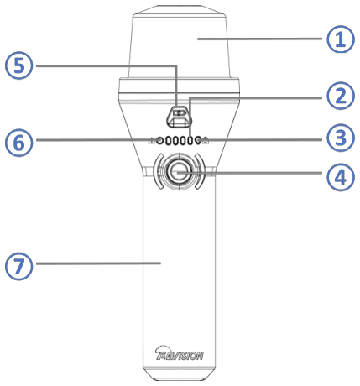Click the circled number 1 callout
click(x=341, y=39)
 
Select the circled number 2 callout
click(x=341, y=96)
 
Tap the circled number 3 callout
click(x=341, y=138)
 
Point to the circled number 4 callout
click(x=341, y=177)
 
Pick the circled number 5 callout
click(x=19, y=65)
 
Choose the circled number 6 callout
click(x=19, y=143)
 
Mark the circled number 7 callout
click(x=19, y=266)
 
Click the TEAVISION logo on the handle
click(x=179, y=353)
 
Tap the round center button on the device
click(x=179, y=171)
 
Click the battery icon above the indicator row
click(x=180, y=112)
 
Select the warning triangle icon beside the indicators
click(x=152, y=140)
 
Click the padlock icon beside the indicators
click(x=206, y=140)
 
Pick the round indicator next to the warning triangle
click(x=159, y=140)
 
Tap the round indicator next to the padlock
click(x=198, y=140)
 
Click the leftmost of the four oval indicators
click(x=168, y=140)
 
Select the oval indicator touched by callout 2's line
click(x=190, y=140)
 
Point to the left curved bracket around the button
click(x=157, y=171)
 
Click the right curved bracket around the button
click(x=201, y=171)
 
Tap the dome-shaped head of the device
click(x=180, y=42)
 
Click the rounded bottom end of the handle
click(x=179, y=375)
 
